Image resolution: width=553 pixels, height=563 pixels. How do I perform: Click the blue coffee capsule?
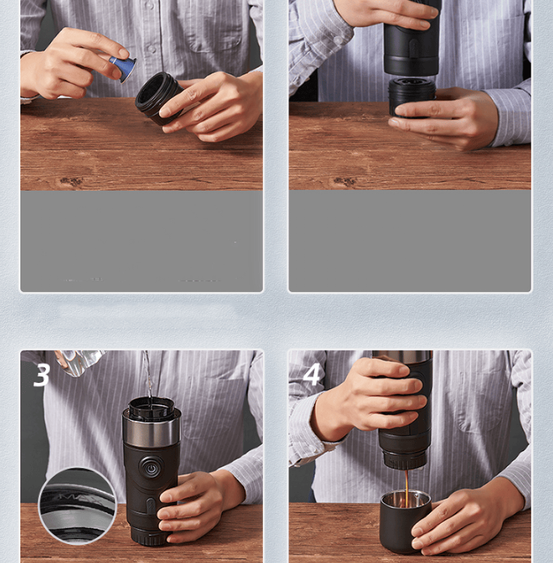tap(124, 68)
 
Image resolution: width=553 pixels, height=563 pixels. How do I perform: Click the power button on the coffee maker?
tap(151, 467)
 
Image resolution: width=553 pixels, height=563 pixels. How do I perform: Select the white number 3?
tap(42, 375)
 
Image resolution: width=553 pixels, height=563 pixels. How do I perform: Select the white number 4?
tap(312, 374)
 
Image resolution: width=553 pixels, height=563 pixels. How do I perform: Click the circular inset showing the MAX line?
tap(77, 506)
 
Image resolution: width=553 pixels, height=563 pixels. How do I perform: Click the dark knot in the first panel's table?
tap(71, 181)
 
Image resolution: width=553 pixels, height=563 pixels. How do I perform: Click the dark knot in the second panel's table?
tap(345, 181)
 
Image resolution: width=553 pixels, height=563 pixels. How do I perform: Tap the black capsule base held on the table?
tap(411, 96)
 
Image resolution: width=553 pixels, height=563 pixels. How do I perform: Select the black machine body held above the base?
tap(412, 38)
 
